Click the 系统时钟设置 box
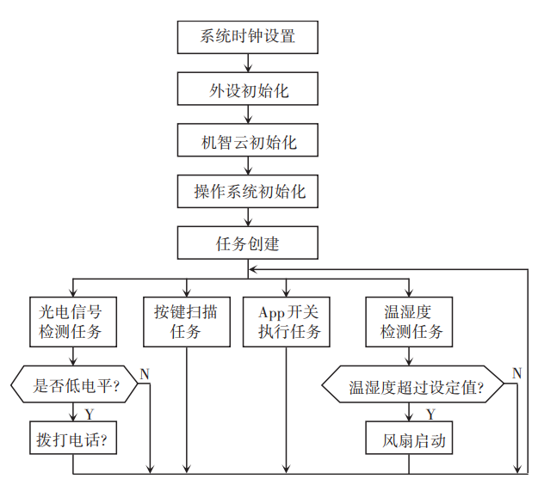pos(248,37)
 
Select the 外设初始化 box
pos(248,89)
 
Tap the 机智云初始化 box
pos(248,140)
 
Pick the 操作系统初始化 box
pos(248,191)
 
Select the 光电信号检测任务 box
pos(71,322)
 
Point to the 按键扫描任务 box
pos(186,322)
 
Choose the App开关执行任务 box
pos(287,322)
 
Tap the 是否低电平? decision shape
pos(76,386)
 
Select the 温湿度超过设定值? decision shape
pos(415,387)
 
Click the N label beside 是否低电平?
pos(145,373)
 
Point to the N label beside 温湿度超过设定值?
pos(516,372)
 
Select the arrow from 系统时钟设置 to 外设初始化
pos(248,63)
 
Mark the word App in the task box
pos(271,311)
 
